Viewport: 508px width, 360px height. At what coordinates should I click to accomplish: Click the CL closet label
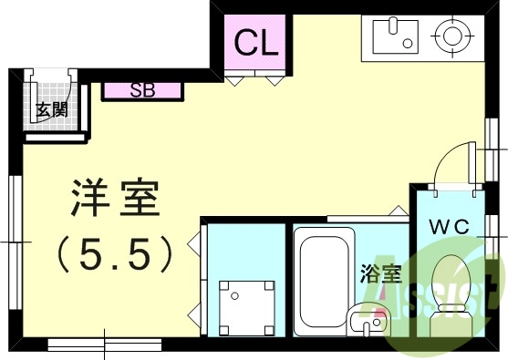(x=256, y=42)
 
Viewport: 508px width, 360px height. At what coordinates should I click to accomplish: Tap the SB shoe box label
(x=142, y=90)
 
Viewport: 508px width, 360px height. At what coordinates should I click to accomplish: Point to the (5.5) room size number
(x=115, y=254)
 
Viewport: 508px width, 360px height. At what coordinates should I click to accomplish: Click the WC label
(x=451, y=227)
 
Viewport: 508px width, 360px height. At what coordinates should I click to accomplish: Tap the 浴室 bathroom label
(x=380, y=272)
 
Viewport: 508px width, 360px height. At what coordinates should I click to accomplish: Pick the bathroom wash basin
(x=368, y=321)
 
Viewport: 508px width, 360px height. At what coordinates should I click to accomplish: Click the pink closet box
(x=256, y=44)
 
